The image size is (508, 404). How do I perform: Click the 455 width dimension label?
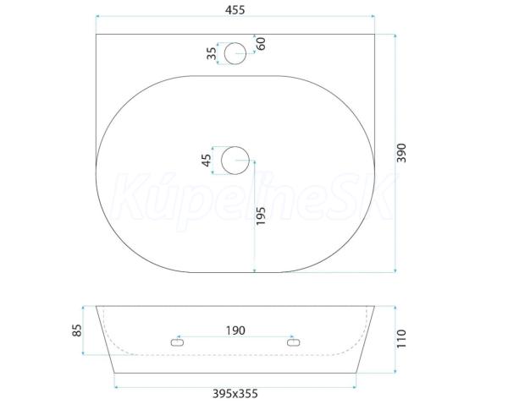point(235,10)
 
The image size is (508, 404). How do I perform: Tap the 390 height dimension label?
point(401,153)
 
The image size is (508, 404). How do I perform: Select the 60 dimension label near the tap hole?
point(261,44)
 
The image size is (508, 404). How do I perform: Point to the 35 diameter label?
point(212,53)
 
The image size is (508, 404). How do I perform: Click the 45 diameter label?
point(207,160)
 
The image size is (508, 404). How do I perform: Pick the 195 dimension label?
point(261,216)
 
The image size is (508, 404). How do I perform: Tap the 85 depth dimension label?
point(77,330)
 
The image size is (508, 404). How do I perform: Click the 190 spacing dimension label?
point(235,330)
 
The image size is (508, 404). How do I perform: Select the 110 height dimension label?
point(401,339)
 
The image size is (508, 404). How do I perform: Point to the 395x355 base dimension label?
point(235,394)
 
